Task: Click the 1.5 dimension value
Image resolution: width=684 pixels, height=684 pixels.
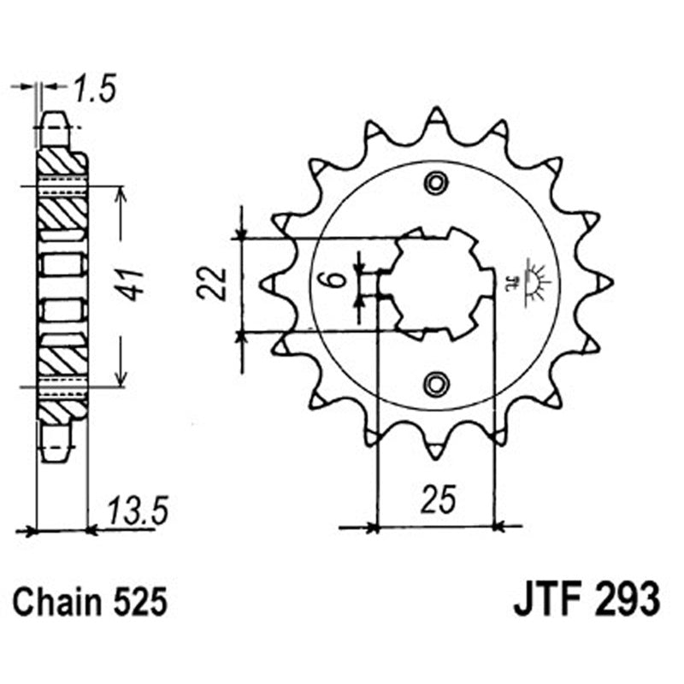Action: click(x=94, y=88)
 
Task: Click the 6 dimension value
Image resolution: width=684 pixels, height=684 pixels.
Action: click(x=337, y=279)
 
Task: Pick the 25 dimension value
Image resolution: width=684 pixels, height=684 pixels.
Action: click(x=436, y=499)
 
